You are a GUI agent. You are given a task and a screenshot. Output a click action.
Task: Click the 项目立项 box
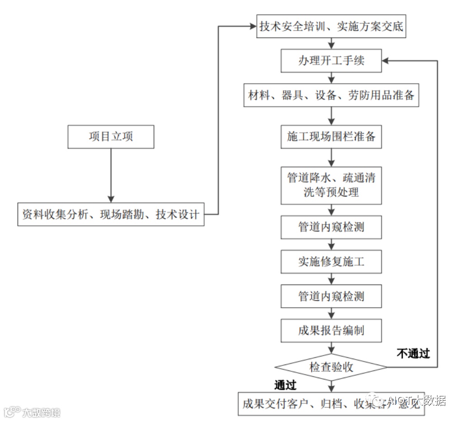tap(111, 137)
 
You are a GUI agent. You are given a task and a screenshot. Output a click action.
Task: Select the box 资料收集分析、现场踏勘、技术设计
tap(111, 215)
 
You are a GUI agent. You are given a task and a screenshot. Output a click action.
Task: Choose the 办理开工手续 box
tap(331, 61)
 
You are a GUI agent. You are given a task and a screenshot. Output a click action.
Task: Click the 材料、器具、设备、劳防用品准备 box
tap(331, 95)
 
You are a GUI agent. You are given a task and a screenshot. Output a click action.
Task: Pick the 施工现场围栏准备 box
tap(331, 137)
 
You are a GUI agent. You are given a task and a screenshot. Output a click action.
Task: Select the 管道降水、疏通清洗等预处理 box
tap(331, 185)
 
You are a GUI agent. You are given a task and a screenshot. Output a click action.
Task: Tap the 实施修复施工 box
tap(331, 262)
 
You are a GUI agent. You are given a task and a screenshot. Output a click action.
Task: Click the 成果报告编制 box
tap(331, 330)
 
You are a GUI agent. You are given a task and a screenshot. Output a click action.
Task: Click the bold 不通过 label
tap(413, 353)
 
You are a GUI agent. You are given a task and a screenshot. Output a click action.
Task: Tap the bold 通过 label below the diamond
tap(286, 385)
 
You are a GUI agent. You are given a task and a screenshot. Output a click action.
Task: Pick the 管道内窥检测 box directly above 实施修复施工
tap(331, 227)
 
